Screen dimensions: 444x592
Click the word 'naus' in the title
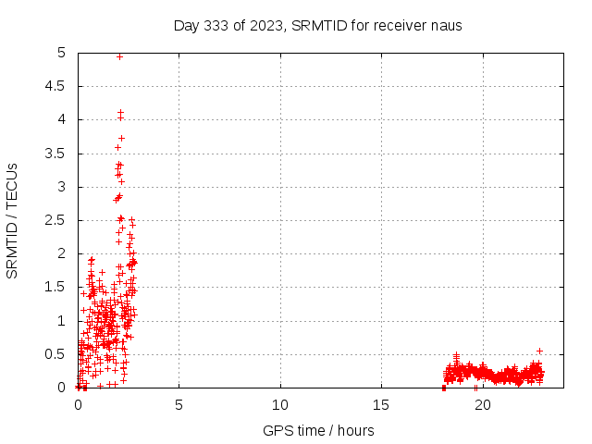(446, 25)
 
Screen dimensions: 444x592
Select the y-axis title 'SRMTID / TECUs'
(12, 219)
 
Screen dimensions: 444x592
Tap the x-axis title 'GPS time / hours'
(318, 430)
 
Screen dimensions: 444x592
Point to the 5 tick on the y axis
(61, 53)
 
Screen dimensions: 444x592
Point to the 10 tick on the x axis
(280, 405)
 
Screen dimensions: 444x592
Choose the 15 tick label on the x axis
(381, 405)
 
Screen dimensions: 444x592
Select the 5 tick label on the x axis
(179, 405)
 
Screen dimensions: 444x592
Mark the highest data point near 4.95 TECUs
(119, 56)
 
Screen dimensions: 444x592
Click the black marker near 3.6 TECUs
(117, 147)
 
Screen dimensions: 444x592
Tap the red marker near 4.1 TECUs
(120, 114)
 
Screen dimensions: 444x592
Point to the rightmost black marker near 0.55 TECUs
(539, 351)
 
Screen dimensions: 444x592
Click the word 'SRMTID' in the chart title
(319, 25)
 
